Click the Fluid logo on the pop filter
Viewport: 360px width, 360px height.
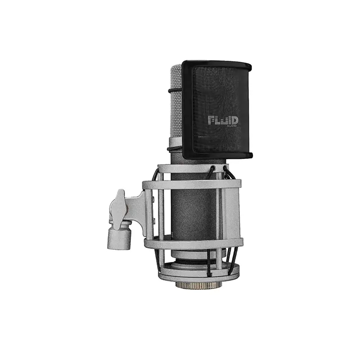click(223, 121)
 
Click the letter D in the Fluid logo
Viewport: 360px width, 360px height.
click(234, 120)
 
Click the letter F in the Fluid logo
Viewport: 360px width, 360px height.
click(211, 120)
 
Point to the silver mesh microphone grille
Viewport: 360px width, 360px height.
click(176, 101)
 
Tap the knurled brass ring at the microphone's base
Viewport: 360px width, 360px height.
click(199, 285)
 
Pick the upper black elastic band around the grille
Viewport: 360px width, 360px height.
click(175, 90)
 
